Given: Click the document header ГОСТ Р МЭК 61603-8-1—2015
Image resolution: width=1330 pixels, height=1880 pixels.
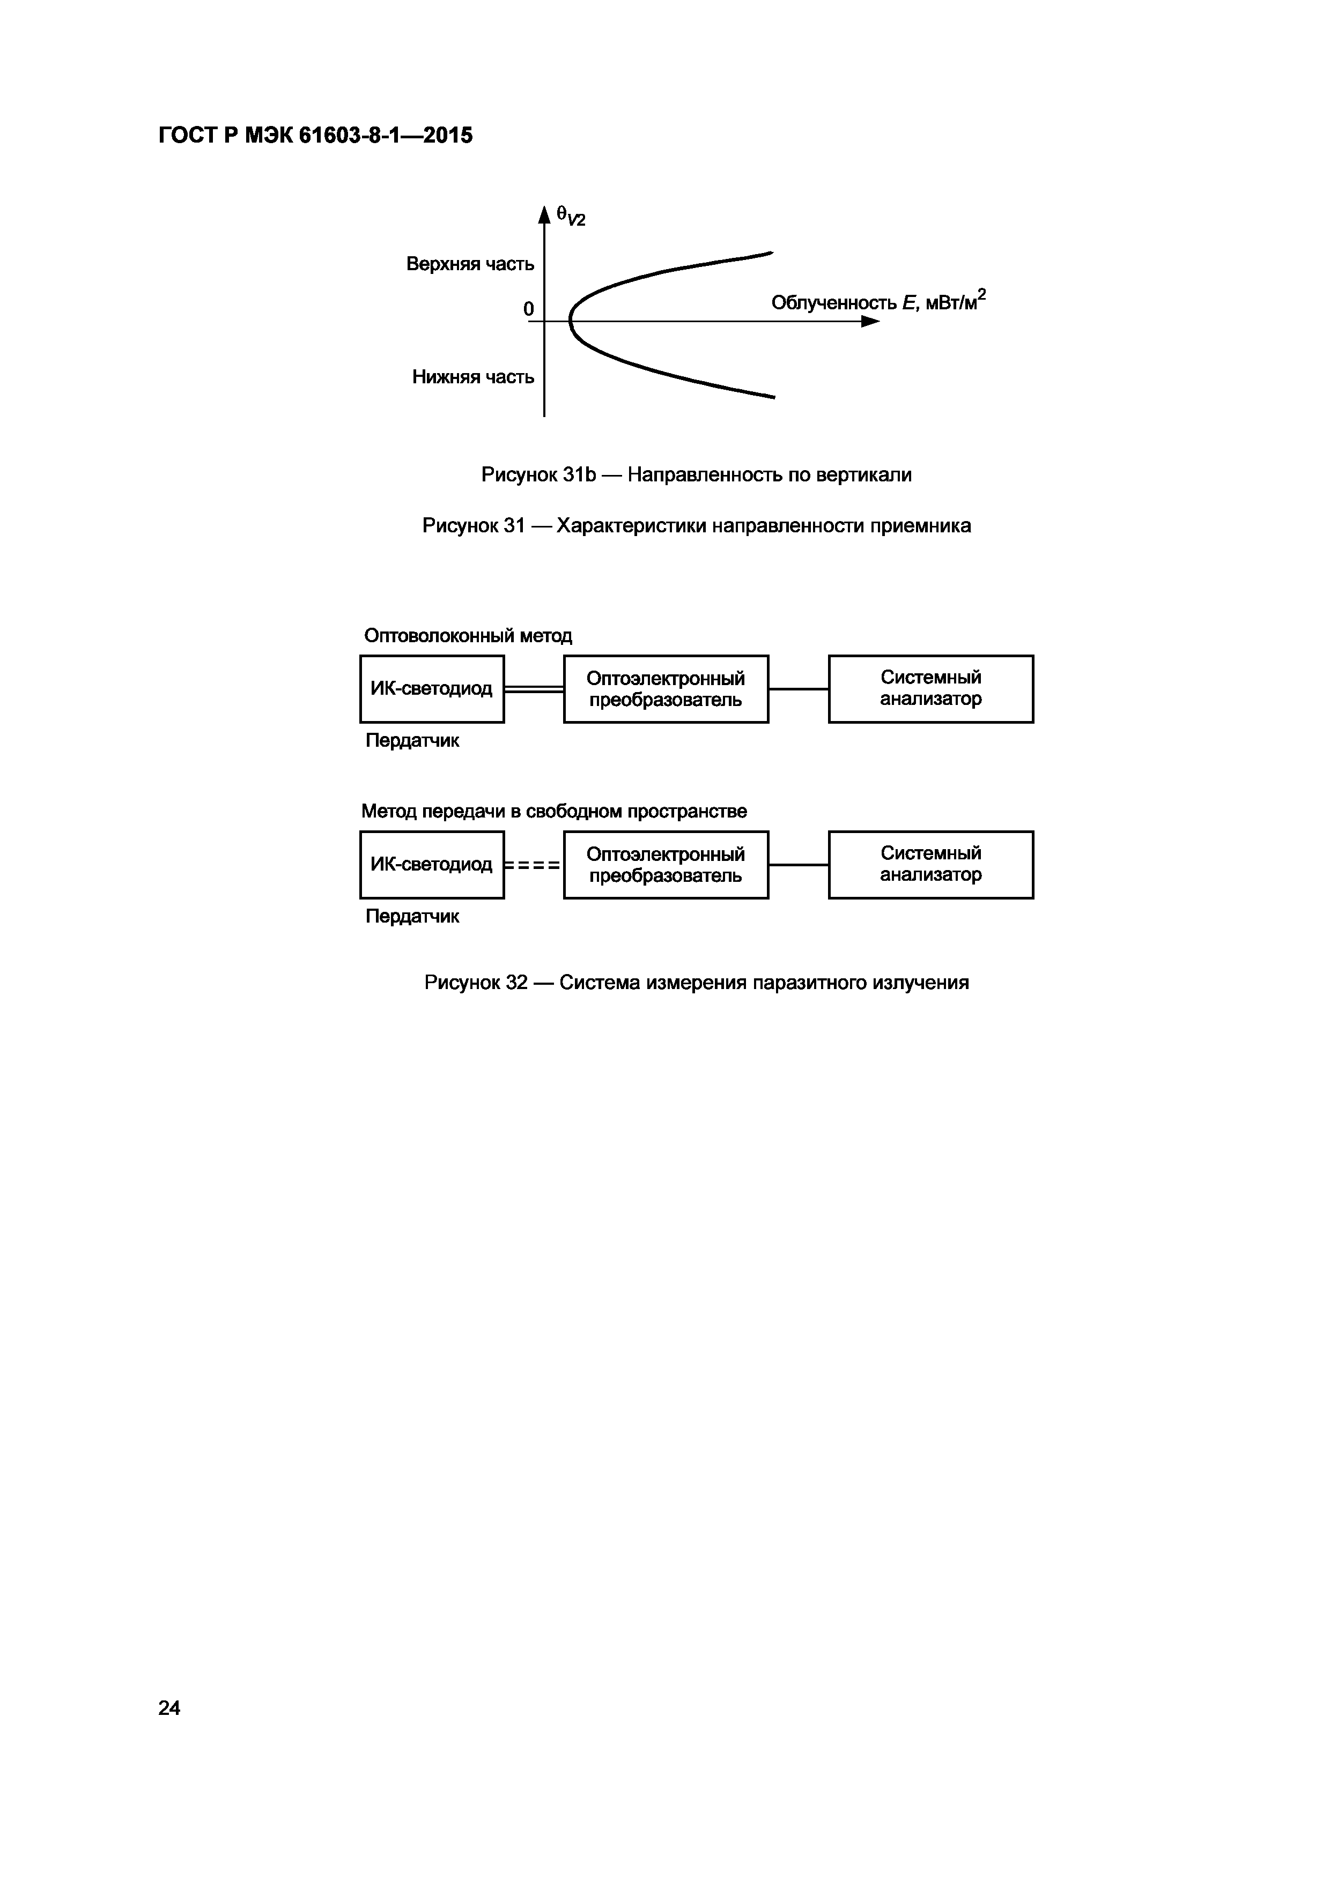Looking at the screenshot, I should [315, 135].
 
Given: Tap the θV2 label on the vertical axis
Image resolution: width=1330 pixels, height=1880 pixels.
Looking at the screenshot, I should [571, 216].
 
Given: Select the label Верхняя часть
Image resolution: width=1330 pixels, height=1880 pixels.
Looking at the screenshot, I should [470, 264].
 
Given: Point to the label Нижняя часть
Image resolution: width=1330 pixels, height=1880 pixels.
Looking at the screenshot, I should [472, 377].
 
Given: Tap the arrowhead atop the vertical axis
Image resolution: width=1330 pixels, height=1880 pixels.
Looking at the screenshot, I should [544, 214].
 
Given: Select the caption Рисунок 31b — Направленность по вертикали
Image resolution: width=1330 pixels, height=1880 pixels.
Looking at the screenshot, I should [696, 474].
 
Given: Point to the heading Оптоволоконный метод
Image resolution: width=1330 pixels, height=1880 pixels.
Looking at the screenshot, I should [468, 635].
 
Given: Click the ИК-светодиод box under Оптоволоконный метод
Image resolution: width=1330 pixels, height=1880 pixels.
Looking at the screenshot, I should [432, 689].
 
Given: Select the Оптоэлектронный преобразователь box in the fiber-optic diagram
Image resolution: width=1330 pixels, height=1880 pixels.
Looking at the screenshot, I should [666, 689].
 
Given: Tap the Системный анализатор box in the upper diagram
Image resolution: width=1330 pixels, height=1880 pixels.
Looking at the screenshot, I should [930, 689].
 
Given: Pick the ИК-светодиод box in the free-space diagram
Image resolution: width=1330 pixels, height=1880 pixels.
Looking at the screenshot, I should [432, 865].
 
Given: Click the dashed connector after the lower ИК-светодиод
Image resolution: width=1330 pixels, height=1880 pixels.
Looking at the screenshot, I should [533, 865].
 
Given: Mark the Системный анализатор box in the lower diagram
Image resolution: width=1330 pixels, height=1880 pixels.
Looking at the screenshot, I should [930, 865].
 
